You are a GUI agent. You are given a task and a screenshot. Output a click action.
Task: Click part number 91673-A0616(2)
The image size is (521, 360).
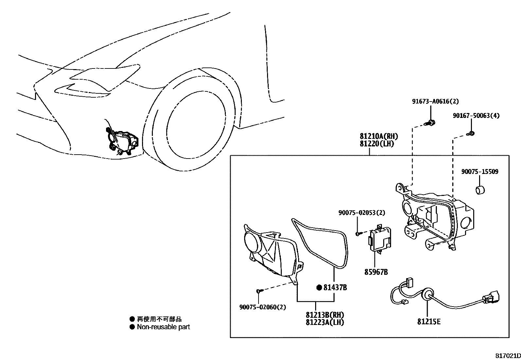[435, 102]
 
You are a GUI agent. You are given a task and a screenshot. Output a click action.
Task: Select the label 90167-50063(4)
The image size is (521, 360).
[476, 116]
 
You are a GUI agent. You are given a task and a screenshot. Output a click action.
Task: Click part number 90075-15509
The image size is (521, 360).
[480, 172]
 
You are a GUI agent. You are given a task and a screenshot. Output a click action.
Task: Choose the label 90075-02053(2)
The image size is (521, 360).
[362, 213]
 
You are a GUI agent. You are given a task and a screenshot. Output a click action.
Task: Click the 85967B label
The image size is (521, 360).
[376, 272]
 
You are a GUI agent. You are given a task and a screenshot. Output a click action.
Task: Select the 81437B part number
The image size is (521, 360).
[335, 288]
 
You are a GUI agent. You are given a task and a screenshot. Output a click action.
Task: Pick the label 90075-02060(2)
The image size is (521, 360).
[262, 307]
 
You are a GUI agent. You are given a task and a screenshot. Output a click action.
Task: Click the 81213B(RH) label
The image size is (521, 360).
[325, 315]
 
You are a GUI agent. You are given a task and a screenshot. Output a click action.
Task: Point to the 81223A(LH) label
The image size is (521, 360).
[325, 322]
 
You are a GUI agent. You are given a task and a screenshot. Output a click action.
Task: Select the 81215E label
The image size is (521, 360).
[429, 322]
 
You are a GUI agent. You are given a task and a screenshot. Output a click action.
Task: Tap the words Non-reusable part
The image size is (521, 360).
[163, 327]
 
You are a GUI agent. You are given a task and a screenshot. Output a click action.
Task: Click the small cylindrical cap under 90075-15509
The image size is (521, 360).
[480, 190]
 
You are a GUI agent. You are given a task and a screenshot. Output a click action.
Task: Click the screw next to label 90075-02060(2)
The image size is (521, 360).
[259, 291]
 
